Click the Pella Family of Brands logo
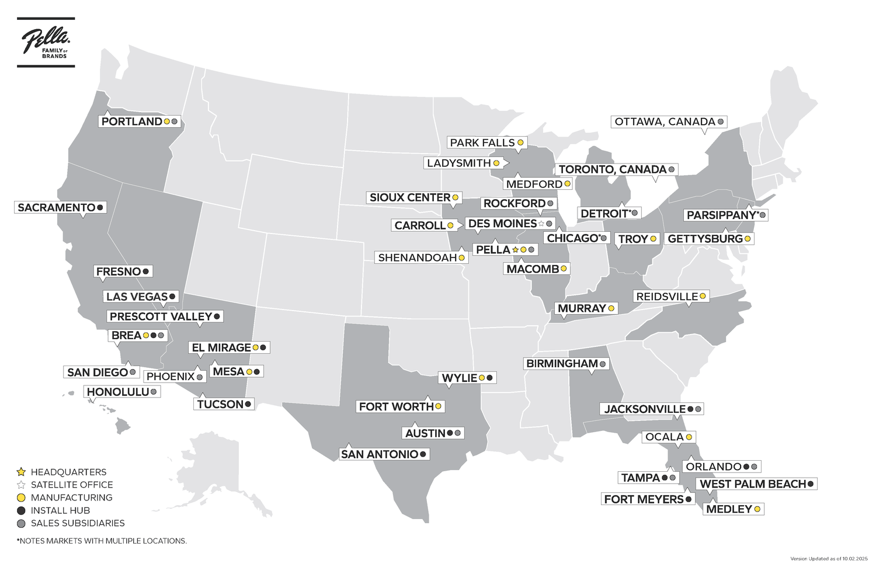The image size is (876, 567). [46, 42]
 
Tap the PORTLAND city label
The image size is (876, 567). [132, 121]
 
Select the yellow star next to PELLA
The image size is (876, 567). [516, 250]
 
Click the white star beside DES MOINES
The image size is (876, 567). [541, 224]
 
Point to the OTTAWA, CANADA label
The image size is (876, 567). [665, 122]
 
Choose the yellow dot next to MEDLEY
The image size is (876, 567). [757, 509]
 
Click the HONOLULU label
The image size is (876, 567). [118, 392]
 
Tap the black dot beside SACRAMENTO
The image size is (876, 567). [100, 207]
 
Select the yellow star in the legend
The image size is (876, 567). [22, 472]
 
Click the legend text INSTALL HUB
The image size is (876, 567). [60, 510]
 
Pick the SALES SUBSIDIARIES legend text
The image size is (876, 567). [78, 523]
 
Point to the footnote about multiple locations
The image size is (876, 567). [102, 541]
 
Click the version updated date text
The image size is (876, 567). [830, 559]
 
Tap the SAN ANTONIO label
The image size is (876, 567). [380, 454]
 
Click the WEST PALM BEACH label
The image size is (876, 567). [753, 484]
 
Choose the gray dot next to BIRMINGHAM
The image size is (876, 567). [603, 364]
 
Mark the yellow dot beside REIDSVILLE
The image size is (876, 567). [703, 297]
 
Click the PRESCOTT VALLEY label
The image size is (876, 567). [161, 316]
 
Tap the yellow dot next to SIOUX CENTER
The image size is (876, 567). [455, 198]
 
